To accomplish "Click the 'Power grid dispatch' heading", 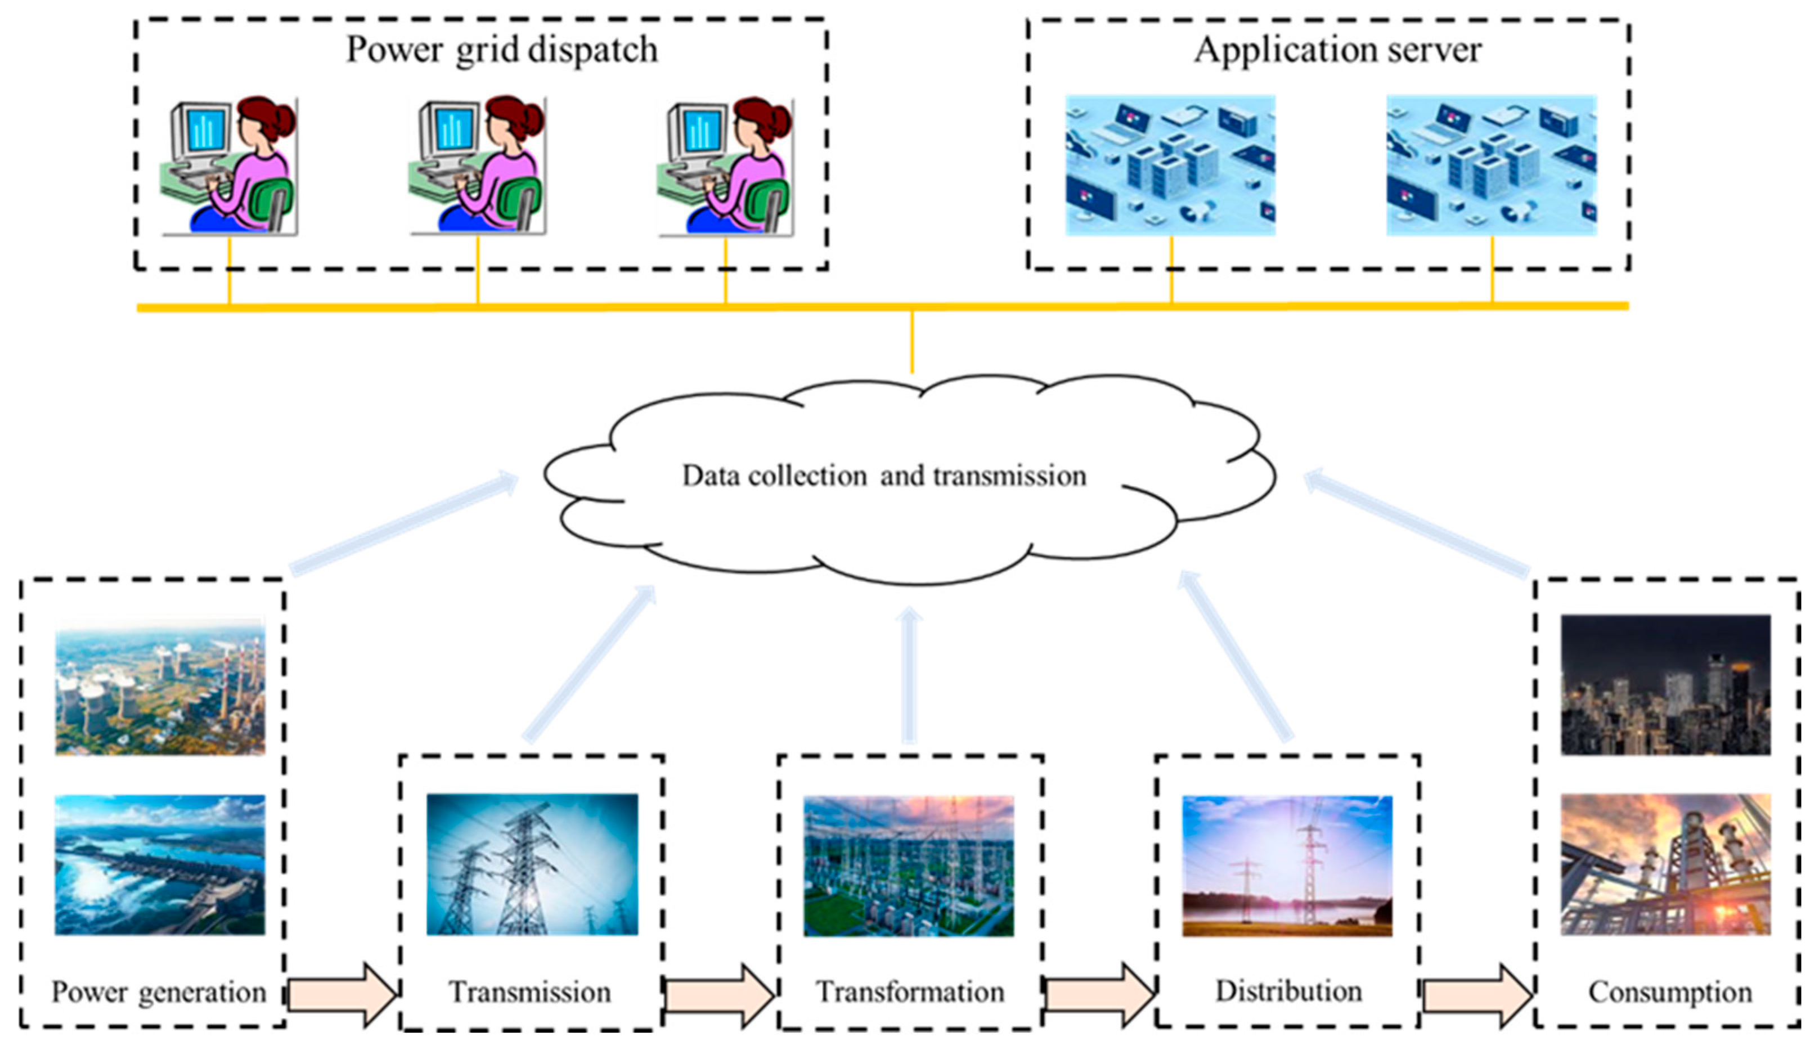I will [502, 51].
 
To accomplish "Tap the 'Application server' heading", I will [1337, 51].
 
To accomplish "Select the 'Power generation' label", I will [159, 993].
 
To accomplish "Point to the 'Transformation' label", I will [909, 993].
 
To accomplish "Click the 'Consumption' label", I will [1669, 993].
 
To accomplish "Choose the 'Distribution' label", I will [1288, 991].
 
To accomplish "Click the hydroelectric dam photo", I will [160, 865].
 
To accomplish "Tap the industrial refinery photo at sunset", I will [1665, 865].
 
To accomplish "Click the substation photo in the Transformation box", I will [909, 865].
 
